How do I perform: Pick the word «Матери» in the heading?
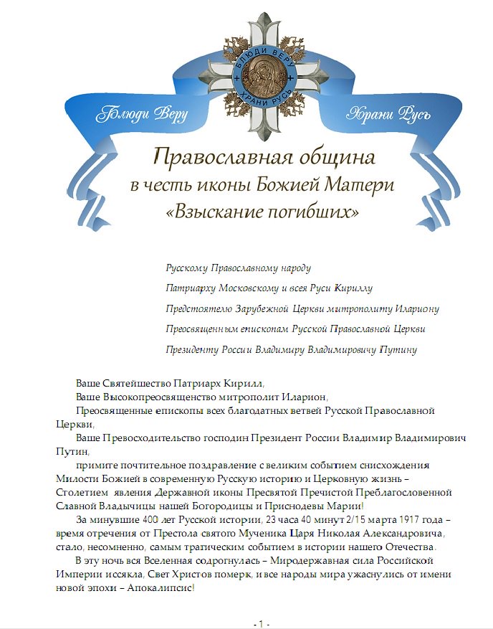363,184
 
